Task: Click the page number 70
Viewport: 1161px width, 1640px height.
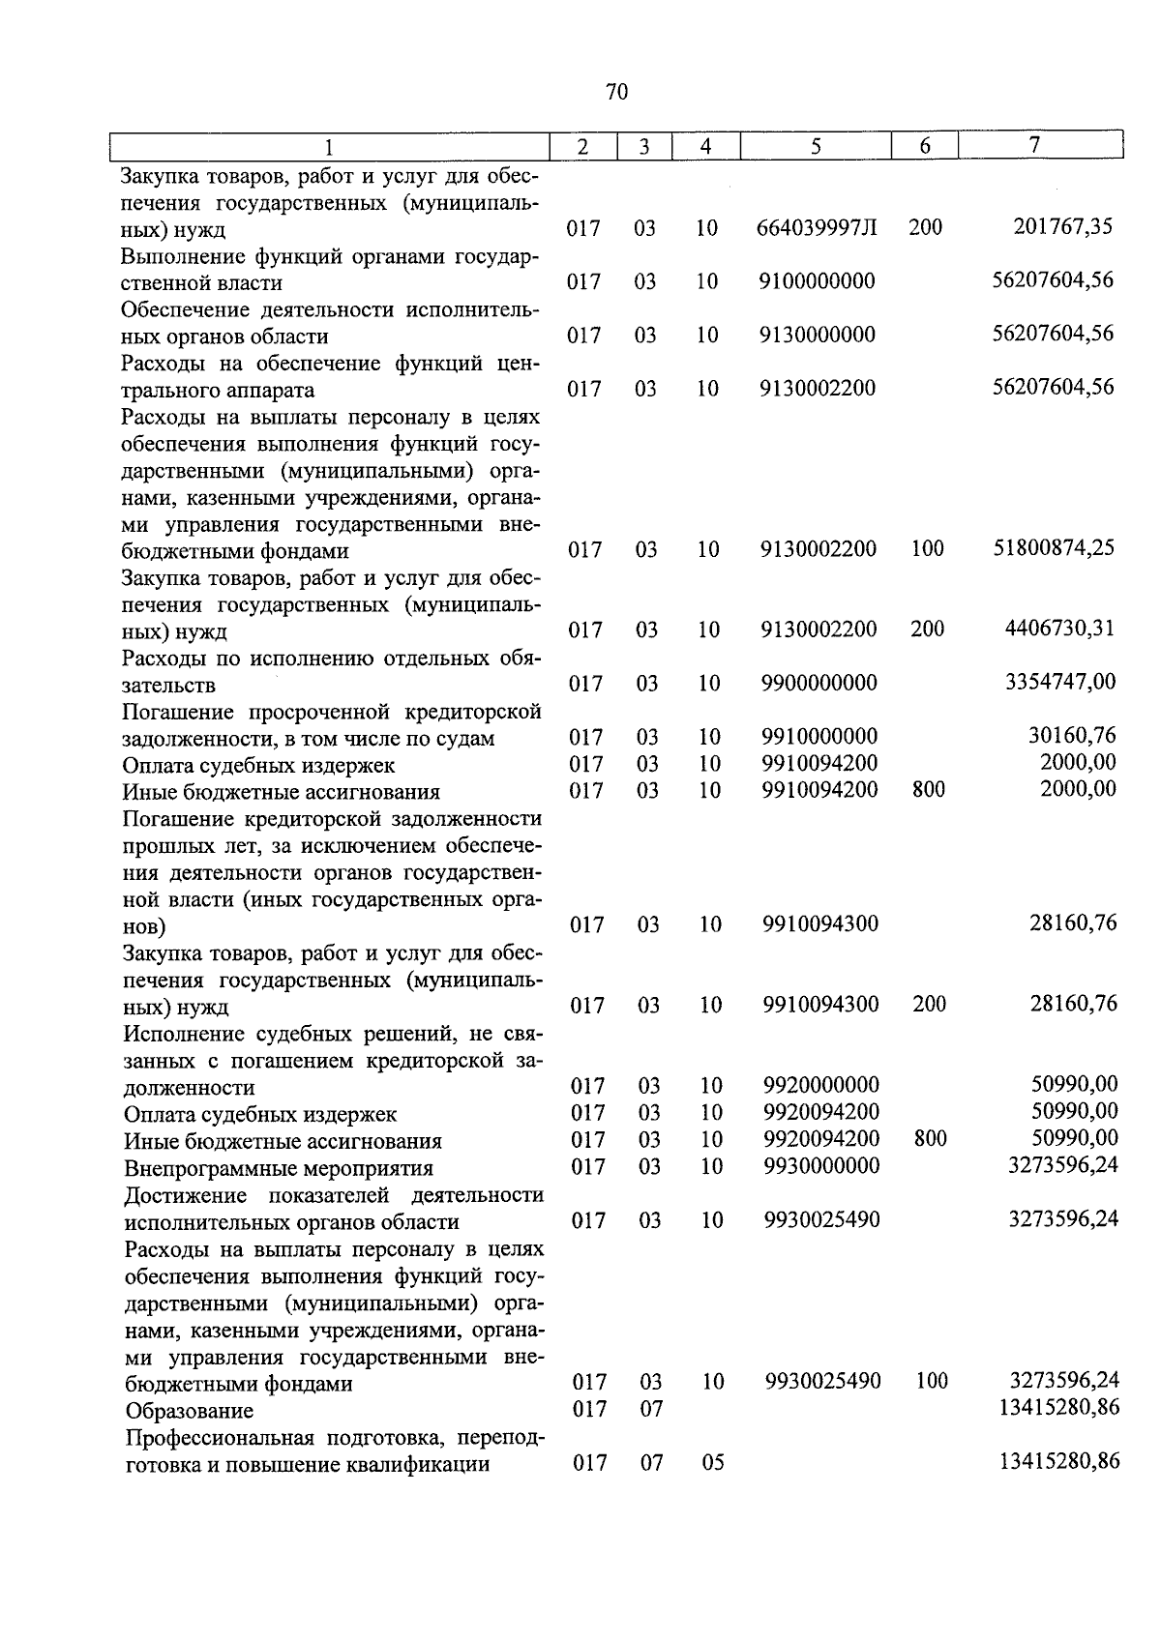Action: point(616,92)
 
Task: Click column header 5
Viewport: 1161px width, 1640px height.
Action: point(816,146)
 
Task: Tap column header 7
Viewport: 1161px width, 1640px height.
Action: point(1035,145)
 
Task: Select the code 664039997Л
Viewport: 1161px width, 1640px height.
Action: point(817,228)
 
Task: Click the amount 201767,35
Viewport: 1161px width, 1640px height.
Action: point(1063,227)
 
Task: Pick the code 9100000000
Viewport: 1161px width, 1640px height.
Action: point(818,281)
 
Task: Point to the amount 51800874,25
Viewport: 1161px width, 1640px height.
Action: point(1055,548)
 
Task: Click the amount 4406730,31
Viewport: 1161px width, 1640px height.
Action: point(1060,629)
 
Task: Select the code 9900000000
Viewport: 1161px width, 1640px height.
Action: point(819,684)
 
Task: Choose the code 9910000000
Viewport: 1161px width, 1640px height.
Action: point(819,737)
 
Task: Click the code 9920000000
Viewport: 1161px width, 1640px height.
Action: point(821,1086)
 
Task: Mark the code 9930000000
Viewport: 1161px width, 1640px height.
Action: point(821,1166)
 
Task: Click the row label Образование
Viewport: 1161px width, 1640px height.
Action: point(190,1411)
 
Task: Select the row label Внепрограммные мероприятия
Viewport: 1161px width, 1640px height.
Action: point(279,1168)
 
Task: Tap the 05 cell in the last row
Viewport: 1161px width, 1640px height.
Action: point(712,1463)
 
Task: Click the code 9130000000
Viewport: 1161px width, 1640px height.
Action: point(818,335)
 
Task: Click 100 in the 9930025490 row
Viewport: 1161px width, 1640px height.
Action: point(931,1381)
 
